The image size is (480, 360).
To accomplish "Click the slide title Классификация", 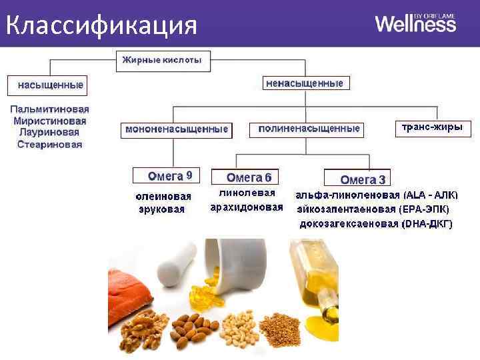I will (x=101, y=25).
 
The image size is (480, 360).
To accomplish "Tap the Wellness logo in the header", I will (x=415, y=24).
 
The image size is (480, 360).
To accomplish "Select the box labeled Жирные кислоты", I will (x=163, y=61).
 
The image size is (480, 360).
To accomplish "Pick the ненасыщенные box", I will (x=305, y=84).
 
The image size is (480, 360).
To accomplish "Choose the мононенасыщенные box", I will (x=177, y=129).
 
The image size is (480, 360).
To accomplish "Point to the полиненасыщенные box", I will (x=309, y=129).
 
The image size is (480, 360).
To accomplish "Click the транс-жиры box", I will (x=431, y=127).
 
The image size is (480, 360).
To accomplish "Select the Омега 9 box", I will (x=170, y=176).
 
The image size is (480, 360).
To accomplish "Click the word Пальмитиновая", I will (x=49, y=109).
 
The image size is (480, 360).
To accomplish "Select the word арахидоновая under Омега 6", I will (x=247, y=207).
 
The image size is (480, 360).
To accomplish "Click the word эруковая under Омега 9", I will (x=161, y=209).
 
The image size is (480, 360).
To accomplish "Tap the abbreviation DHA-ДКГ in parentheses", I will (x=427, y=224).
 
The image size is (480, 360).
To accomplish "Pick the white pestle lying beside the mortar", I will (x=175, y=263).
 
